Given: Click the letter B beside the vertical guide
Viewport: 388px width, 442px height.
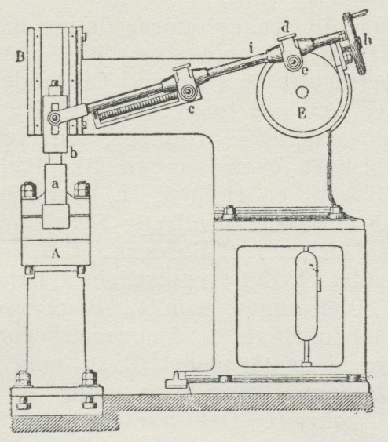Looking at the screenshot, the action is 20,57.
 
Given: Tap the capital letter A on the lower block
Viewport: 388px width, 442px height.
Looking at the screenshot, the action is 56,254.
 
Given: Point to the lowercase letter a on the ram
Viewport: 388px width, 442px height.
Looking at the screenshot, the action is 56,184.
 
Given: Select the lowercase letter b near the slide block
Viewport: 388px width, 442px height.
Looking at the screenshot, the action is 74,153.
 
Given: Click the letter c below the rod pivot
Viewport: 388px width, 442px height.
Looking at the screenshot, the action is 192,110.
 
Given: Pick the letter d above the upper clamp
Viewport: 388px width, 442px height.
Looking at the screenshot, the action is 286,27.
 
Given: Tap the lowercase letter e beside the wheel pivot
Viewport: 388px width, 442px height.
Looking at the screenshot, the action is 305,71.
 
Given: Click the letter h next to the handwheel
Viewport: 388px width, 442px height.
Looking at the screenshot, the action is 368,40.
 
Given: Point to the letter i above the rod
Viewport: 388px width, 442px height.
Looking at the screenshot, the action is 251,49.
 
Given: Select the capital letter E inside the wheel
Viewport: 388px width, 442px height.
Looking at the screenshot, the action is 302,114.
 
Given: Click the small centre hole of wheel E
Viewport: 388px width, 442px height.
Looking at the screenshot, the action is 302,92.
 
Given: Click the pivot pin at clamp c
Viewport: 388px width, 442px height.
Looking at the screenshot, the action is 188,92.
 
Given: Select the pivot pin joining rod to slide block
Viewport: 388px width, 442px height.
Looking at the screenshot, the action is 53,118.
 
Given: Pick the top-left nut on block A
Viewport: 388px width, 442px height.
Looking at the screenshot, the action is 28,189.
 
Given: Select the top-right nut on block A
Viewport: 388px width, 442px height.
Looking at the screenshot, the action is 82,189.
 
